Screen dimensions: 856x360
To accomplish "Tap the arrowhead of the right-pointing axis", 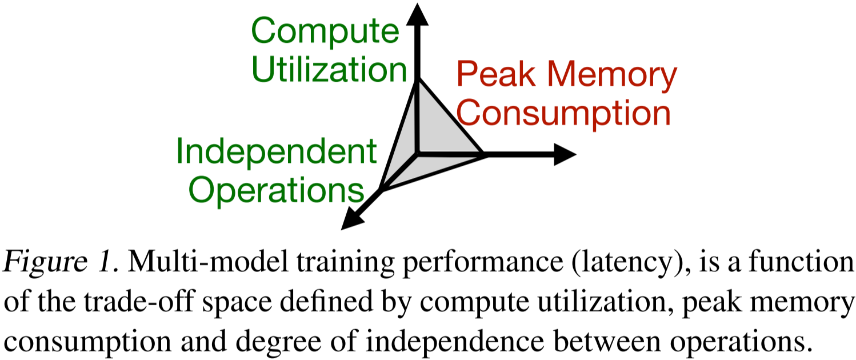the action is (565, 154).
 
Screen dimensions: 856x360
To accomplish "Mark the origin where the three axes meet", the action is (418, 153).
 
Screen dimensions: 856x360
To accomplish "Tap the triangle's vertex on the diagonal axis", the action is (381, 190).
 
